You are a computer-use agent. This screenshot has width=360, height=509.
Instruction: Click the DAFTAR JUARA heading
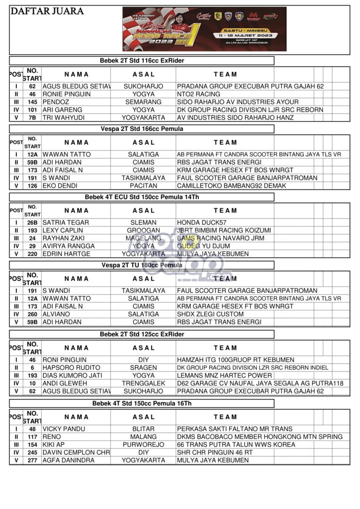[47, 11]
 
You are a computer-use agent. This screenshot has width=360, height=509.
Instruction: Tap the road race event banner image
[204, 29]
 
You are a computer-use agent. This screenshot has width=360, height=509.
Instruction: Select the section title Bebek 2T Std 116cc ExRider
[142, 61]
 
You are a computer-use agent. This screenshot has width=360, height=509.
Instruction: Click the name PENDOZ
[56, 102]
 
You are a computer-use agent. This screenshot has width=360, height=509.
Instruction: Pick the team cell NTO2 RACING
[198, 94]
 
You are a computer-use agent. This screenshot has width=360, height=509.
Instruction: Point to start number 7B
[32, 118]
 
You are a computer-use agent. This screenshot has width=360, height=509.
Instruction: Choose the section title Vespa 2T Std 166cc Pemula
[142, 129]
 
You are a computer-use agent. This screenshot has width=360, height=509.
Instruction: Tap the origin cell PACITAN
[144, 186]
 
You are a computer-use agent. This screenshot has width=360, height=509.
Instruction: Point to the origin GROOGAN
[144, 230]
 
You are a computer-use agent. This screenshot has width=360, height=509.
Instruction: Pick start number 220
[32, 254]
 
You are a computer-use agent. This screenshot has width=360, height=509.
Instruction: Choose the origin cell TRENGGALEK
[144, 383]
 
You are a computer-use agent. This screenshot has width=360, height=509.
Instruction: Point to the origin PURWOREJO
[144, 444]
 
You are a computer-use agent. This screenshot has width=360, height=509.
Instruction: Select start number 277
[32, 460]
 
